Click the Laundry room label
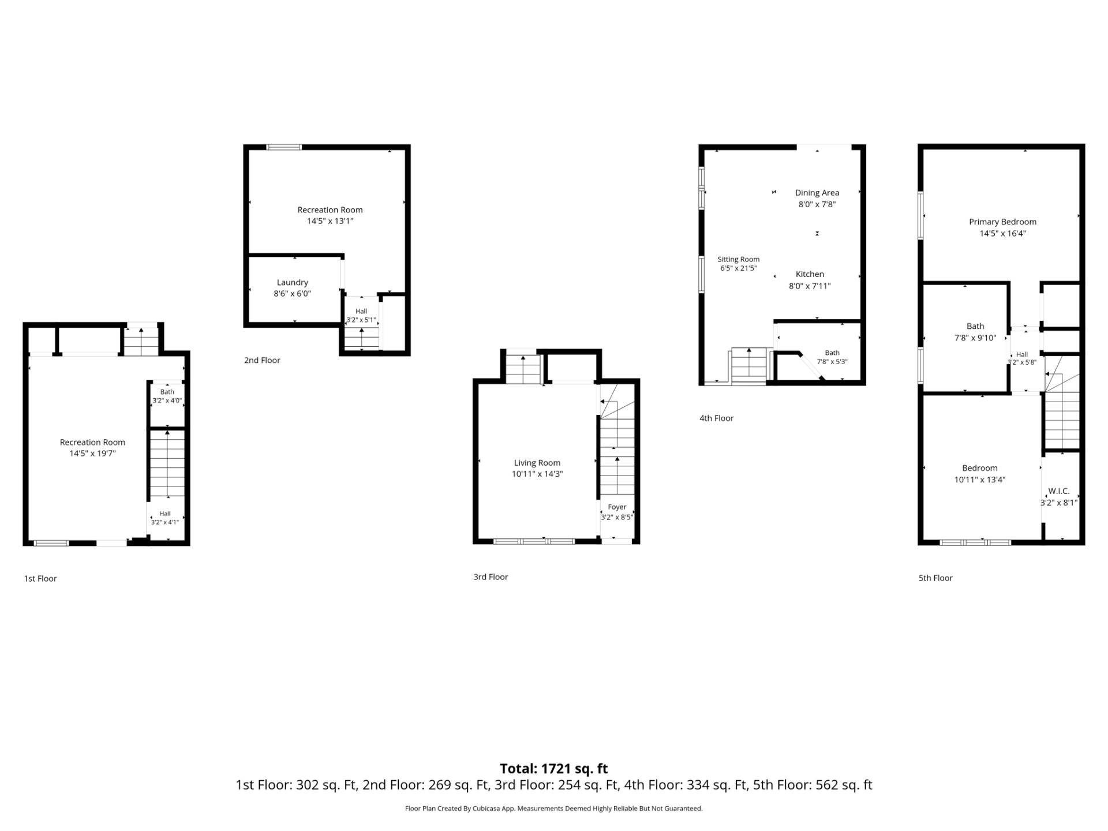click(293, 282)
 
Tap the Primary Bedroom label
click(1002, 222)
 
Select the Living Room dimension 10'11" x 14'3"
click(537, 474)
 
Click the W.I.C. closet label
click(1059, 491)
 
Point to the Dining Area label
click(817, 193)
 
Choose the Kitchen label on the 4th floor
click(810, 274)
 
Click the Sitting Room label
click(739, 259)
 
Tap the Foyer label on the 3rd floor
click(617, 507)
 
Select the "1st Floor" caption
click(40, 578)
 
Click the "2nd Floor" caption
click(262, 360)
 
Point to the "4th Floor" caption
click(716, 418)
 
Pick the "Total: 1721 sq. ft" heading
click(554, 769)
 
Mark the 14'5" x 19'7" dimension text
click(92, 454)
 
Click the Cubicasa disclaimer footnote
click(554, 808)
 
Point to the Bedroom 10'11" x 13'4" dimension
click(980, 480)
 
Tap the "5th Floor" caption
click(935, 578)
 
